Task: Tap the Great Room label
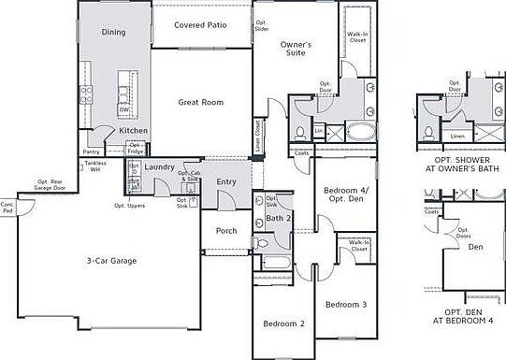click(x=200, y=102)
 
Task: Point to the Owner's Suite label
click(x=296, y=49)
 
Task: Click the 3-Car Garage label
click(x=111, y=261)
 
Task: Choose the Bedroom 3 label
click(x=346, y=305)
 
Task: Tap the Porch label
click(x=225, y=230)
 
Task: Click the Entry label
click(x=226, y=182)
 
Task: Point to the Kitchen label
click(x=133, y=130)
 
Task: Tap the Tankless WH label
click(x=95, y=166)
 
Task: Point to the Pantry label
click(x=92, y=151)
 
